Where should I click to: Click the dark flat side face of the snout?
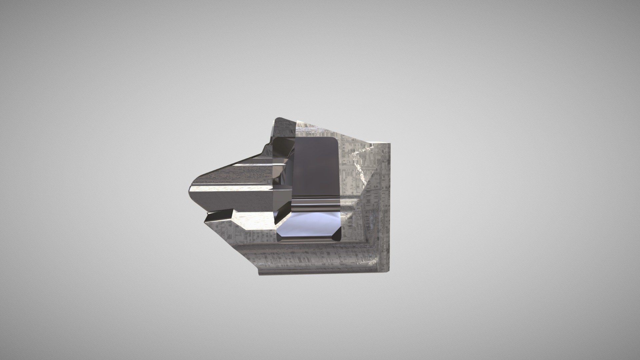click(230, 200)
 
